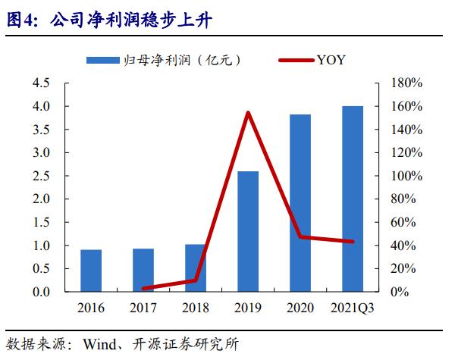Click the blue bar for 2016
[91, 271]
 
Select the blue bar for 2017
[143, 270]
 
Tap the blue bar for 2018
[196, 268]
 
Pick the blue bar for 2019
[248, 231]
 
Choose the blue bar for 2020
[301, 203]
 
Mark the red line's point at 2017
[143, 289]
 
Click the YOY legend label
[331, 60]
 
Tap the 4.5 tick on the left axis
[40, 83]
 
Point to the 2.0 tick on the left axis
[40, 199]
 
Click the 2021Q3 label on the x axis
[353, 308]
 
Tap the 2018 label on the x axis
[196, 308]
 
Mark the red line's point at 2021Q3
[353, 242]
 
